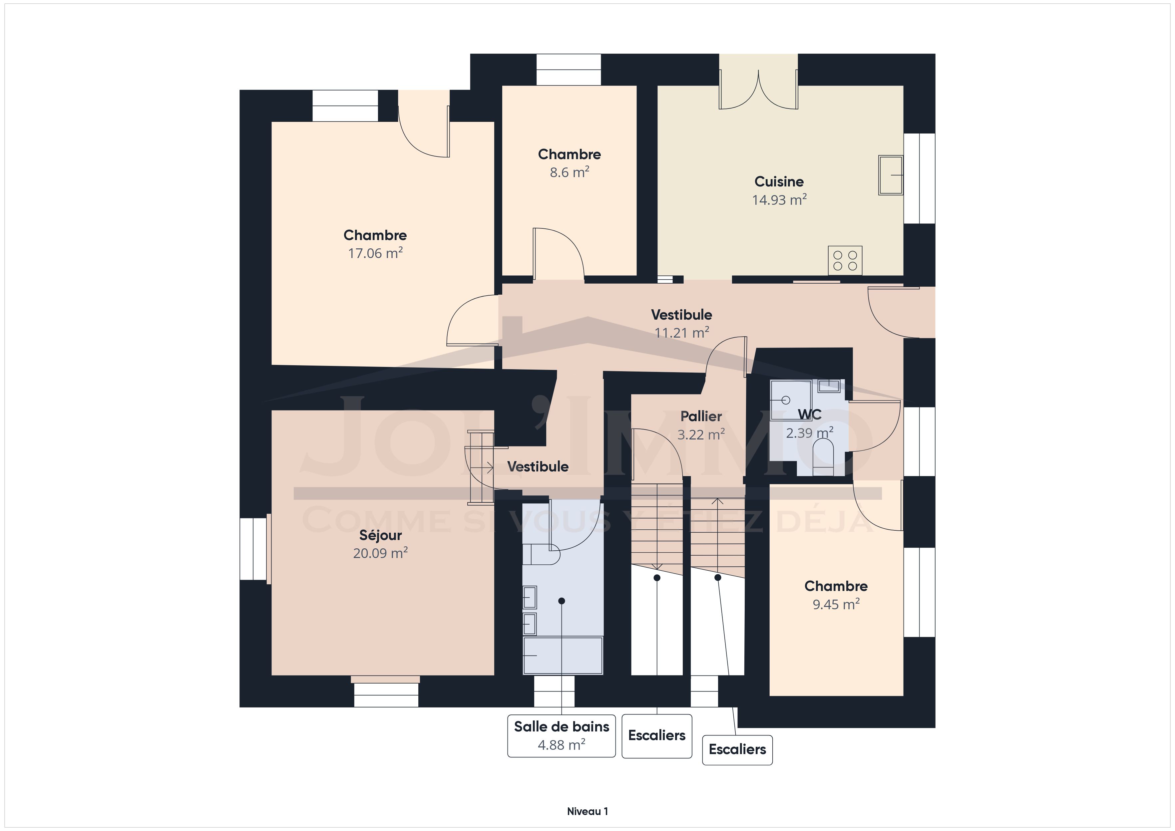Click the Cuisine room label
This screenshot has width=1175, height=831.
click(779, 182)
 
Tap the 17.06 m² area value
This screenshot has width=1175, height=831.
click(375, 253)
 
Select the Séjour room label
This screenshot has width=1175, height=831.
click(380, 535)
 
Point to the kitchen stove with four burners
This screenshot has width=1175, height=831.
click(845, 260)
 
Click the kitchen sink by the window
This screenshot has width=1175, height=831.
click(891, 175)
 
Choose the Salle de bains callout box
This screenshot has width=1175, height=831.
click(562, 736)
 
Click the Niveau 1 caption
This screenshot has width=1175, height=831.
click(587, 811)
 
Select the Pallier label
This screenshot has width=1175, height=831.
click(701, 416)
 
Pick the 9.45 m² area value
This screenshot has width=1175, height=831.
click(836, 604)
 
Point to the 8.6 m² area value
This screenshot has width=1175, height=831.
click(570, 172)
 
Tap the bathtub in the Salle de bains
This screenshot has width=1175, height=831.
click(563, 656)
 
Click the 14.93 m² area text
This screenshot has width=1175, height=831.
click(779, 199)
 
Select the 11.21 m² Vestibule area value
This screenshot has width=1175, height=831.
click(682, 333)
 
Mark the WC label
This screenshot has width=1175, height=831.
click(810, 415)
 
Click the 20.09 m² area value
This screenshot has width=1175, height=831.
click(380, 553)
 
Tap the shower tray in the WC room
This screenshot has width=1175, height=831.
click(791, 400)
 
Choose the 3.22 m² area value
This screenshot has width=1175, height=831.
click(701, 434)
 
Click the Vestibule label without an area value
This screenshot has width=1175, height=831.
click(538, 467)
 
